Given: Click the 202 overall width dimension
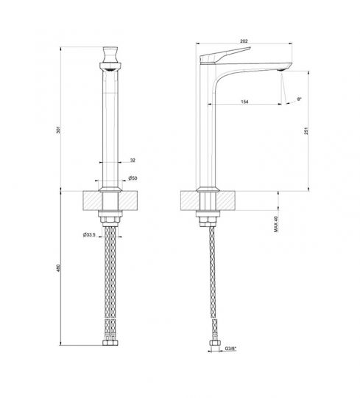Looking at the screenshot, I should [x=245, y=41].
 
